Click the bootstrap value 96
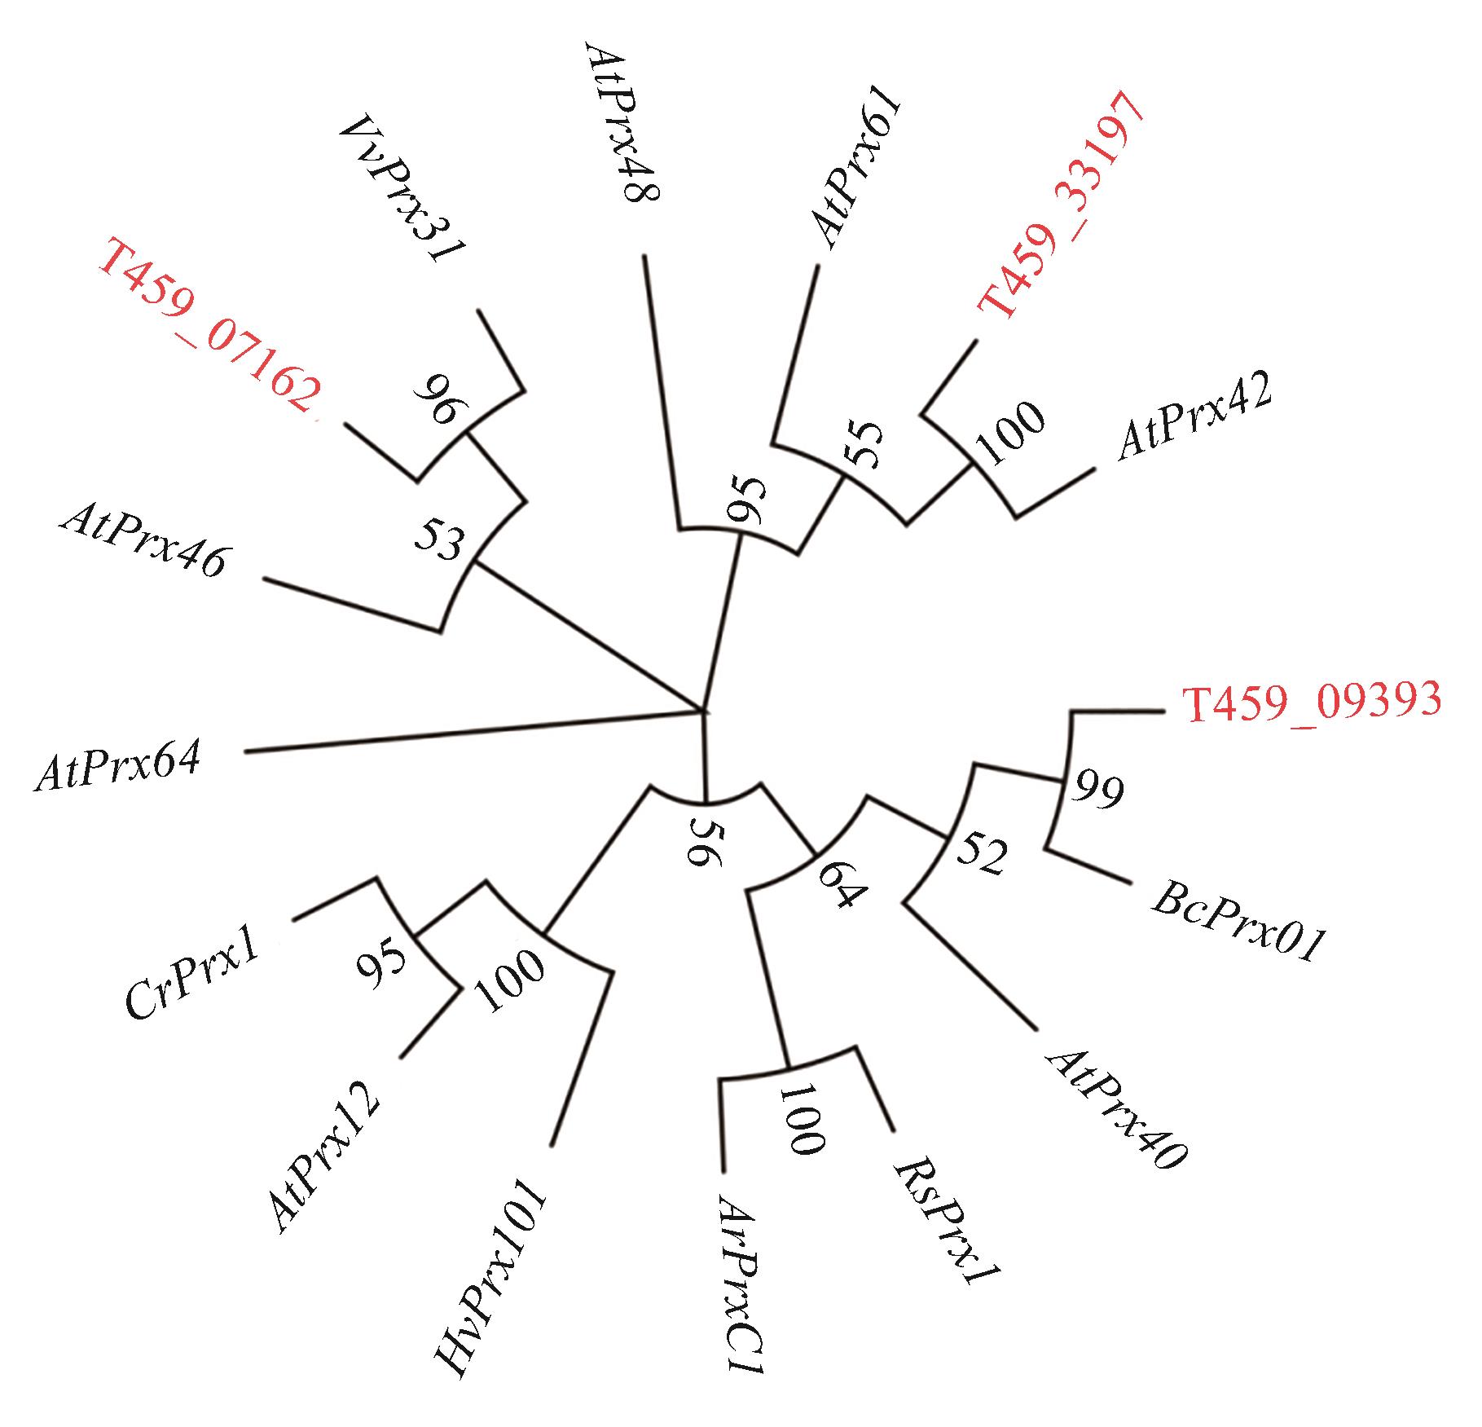coord(440,399)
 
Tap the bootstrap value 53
coord(440,540)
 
